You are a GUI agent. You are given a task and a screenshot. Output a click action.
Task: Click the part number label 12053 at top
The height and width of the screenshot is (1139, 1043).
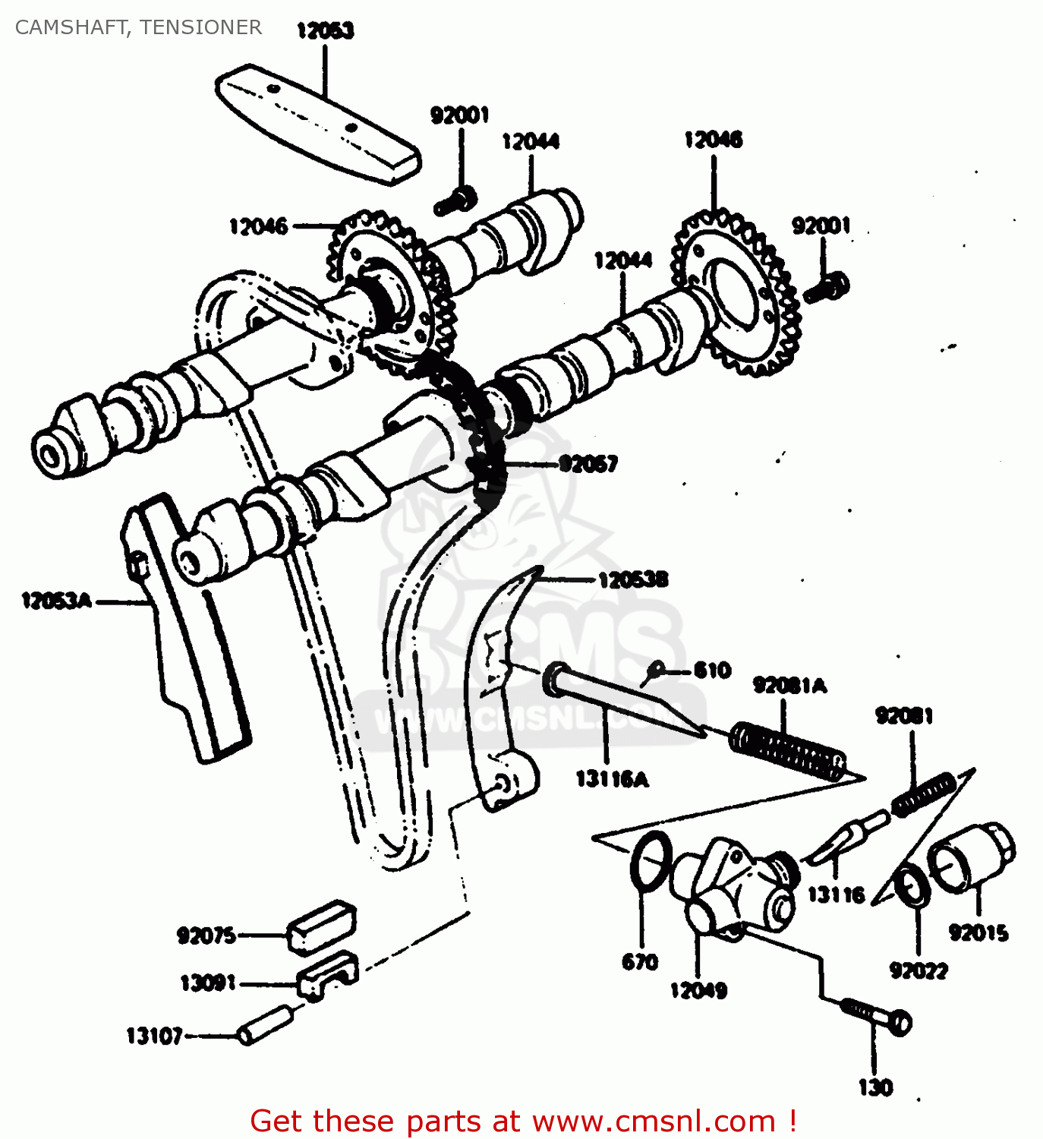325,30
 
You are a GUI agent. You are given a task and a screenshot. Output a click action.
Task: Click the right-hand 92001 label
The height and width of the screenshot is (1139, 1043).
821,226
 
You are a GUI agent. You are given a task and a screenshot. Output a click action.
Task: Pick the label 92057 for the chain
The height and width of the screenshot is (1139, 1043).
588,463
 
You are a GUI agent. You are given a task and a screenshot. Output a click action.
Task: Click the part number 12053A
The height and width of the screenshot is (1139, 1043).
56,601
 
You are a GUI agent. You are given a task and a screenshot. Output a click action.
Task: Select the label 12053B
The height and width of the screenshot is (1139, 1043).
633,581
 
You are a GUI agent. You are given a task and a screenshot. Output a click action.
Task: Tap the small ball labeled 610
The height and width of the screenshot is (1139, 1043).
657,669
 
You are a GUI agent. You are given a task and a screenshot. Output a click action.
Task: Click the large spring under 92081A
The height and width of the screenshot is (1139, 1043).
788,752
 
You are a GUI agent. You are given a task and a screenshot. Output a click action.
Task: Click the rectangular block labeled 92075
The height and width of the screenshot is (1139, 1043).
321,926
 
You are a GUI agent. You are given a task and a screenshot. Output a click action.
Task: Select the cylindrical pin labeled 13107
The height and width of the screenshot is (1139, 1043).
266,1024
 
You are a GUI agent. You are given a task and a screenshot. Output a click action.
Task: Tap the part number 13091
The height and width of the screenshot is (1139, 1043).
208,984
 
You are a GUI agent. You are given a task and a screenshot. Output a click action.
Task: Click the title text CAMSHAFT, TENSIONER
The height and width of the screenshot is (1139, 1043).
138,27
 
